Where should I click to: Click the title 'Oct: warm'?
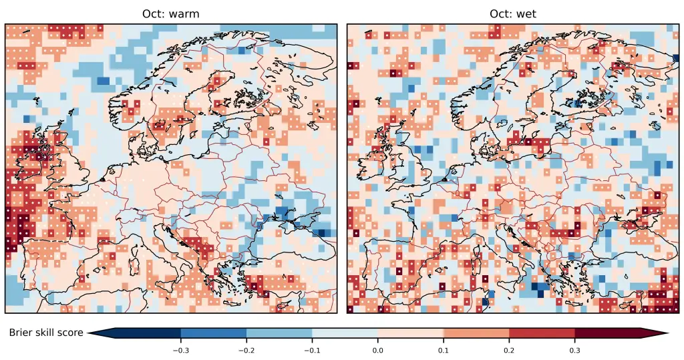point(170,13)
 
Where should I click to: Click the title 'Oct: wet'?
point(512,13)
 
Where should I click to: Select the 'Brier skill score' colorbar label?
point(46,333)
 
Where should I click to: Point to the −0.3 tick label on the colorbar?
point(180,349)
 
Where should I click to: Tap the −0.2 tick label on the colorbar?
point(246,349)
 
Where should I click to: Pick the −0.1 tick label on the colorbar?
point(311,349)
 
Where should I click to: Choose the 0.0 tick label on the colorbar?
point(377,349)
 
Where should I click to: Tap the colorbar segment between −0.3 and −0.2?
point(213,333)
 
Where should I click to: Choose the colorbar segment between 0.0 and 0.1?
point(411,333)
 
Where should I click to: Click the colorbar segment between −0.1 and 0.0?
point(345,333)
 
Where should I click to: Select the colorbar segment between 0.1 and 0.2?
point(476,333)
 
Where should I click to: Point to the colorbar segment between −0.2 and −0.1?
point(279,333)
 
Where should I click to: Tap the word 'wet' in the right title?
point(524,13)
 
